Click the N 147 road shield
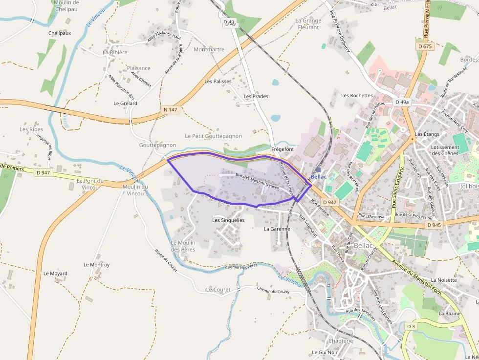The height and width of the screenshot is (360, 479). [170, 110]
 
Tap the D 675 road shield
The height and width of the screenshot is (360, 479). [425, 46]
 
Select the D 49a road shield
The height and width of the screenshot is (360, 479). [401, 102]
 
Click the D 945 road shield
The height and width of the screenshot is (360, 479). [434, 225]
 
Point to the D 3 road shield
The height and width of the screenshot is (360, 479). [411, 326]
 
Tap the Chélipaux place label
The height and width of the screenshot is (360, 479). [60, 33]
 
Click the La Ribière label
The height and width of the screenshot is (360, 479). [115, 52]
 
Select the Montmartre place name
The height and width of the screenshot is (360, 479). [209, 49]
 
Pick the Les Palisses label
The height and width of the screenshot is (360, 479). [218, 82]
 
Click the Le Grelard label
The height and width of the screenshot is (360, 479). [125, 104]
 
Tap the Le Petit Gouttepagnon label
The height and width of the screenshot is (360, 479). [213, 136]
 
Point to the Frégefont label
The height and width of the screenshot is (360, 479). [283, 149]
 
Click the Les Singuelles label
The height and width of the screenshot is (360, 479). [228, 220]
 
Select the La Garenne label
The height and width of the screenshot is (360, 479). [277, 229]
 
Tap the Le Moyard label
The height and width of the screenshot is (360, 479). [55, 274]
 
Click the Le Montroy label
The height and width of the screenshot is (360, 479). [96, 265]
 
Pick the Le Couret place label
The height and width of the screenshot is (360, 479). [218, 290]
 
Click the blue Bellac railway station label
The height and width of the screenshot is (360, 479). [319, 177]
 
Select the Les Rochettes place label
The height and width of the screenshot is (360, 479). [357, 96]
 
